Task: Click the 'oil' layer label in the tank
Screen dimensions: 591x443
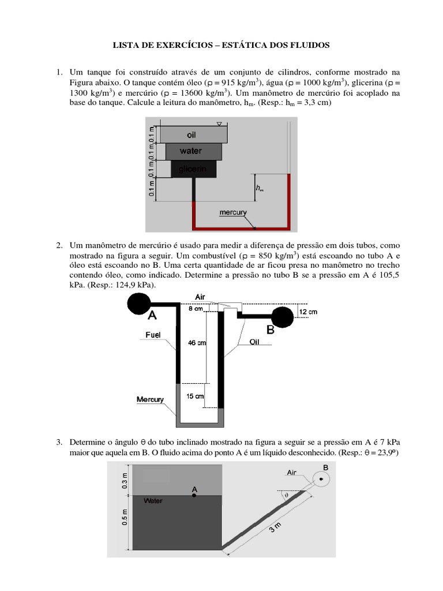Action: coord(192,134)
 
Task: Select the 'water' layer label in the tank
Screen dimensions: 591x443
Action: coord(191,151)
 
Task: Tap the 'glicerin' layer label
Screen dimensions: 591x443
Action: coord(193,168)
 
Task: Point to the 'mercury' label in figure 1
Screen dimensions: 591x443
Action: coord(233,212)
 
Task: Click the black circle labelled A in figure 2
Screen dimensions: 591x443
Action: coord(139,302)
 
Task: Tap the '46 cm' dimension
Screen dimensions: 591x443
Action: coord(197,343)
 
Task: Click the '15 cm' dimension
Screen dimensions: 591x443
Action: coord(195,396)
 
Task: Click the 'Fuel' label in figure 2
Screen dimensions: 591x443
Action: coord(153,334)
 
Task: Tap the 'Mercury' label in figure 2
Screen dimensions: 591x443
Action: coord(150,399)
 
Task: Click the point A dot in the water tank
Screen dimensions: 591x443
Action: coord(195,495)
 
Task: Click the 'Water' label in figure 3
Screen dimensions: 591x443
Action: coord(153,501)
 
